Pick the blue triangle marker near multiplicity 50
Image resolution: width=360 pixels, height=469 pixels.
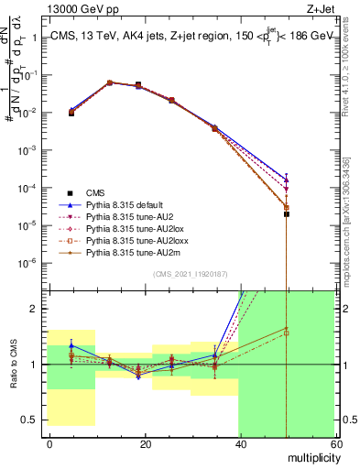(287, 179)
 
